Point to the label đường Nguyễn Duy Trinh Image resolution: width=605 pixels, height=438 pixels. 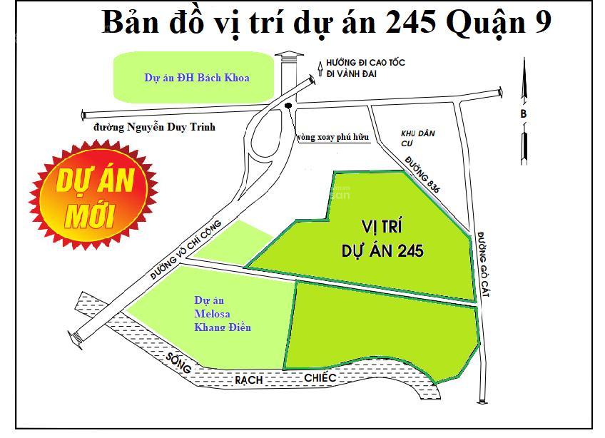tap(154, 128)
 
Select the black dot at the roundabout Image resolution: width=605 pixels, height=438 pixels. tap(288, 107)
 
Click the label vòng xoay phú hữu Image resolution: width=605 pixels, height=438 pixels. tap(334, 138)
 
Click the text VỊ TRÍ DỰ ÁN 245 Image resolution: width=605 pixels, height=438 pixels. tap(382, 239)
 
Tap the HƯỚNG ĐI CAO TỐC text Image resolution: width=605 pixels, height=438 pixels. tap(365, 63)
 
